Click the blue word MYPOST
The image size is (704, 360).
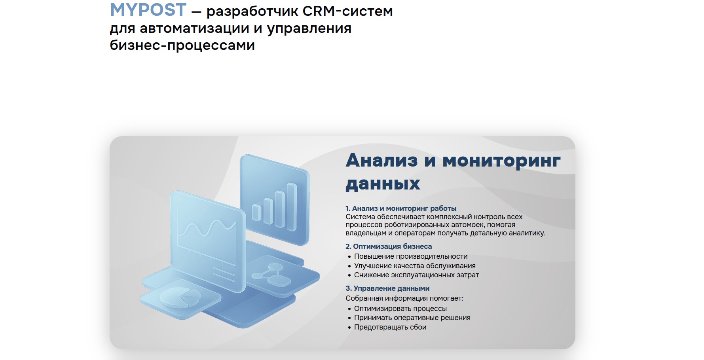pos(148,9)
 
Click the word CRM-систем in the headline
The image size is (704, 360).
pos(347,11)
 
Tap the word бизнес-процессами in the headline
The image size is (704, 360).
pos(182,45)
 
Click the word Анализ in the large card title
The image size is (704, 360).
pos(381,160)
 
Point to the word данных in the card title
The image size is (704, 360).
pos(383,184)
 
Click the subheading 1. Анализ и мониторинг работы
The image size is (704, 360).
pos(401,208)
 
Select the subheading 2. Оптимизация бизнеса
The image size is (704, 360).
pos(389,246)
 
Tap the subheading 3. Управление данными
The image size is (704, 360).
pos(387,288)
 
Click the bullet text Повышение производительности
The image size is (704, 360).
pos(411,256)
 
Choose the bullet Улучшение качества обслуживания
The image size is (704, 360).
pos(415,266)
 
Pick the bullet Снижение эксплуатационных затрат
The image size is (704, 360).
pos(416,275)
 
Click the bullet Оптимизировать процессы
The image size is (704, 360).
pos(400,309)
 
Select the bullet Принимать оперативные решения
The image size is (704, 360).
pos(412,318)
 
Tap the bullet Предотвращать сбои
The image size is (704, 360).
pos(390,327)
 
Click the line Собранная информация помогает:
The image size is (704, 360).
pos(404,298)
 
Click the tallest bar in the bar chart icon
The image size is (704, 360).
pos(292,207)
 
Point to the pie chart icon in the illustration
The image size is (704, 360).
pos(180,297)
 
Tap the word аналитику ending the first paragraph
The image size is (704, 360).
pos(527,233)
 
